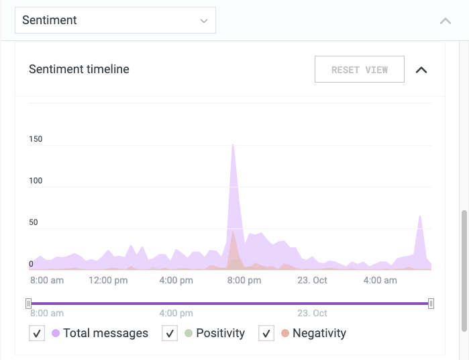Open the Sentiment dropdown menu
pos(115,20)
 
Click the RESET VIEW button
pos(360,70)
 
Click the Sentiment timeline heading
pos(79,69)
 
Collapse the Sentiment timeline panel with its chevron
pos(421,70)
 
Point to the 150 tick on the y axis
pos(36,139)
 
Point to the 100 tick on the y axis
pos(36,181)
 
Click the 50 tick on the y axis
pos(34,222)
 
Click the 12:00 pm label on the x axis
pos(107,280)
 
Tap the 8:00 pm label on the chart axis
pos(244,280)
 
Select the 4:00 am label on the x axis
pos(380,280)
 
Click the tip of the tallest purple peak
pos(233,144)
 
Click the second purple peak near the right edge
pos(420,216)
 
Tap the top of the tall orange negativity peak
pos(233,232)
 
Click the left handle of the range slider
pos(28,304)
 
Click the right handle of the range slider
pos(431,304)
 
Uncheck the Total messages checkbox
pos(37,333)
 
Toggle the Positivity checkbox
pos(170,333)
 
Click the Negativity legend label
pos(319,333)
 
